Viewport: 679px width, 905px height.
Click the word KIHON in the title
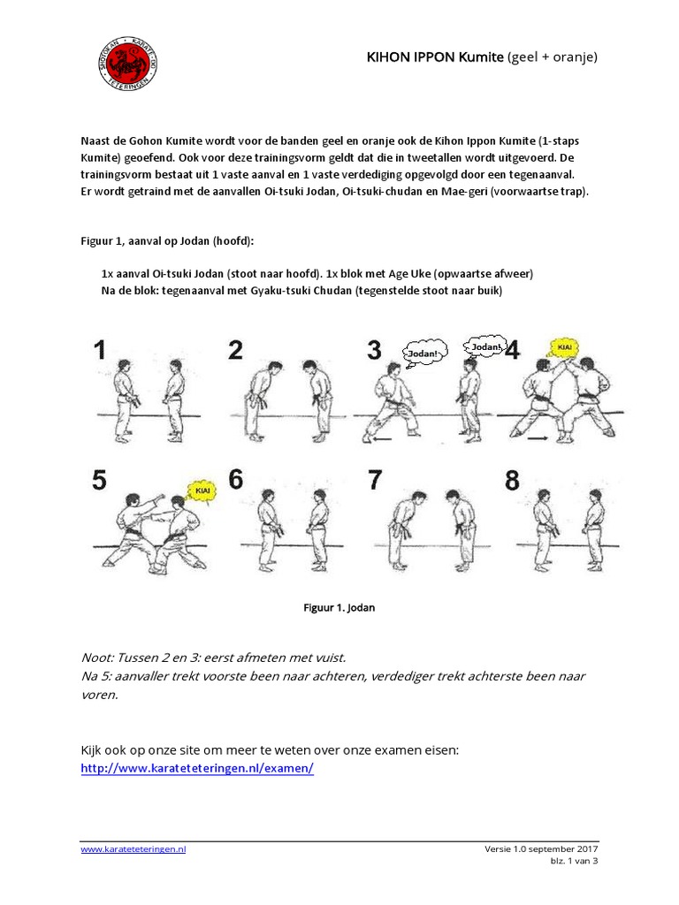(x=389, y=57)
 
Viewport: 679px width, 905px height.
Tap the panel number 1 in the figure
(x=100, y=350)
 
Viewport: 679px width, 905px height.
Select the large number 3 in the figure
(x=375, y=350)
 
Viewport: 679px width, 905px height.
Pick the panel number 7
(x=376, y=481)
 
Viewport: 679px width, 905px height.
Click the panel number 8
(x=513, y=481)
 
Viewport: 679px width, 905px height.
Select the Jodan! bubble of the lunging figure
(x=421, y=354)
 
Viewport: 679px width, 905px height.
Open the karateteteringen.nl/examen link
(x=196, y=768)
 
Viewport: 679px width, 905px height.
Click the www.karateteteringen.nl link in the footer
(x=134, y=848)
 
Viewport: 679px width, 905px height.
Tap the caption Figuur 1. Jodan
(x=339, y=608)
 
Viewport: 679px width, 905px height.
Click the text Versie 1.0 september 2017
(x=541, y=848)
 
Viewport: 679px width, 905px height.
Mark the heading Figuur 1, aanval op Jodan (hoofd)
(x=165, y=241)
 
